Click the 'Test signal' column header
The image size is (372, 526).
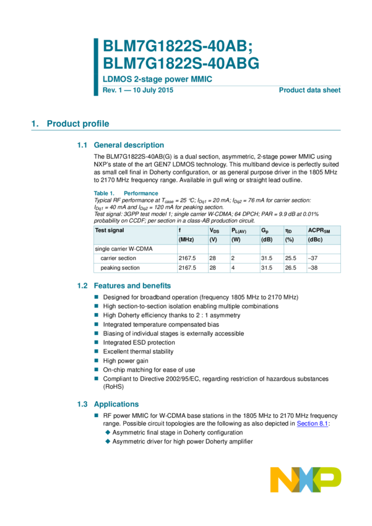[109, 230]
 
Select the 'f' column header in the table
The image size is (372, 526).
[180, 230]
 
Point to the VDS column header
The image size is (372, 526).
[215, 230]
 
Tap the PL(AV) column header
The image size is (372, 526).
[239, 231]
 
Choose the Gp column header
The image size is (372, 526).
[265, 230]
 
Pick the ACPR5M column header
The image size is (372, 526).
[319, 231]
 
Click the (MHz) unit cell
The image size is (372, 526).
[187, 239]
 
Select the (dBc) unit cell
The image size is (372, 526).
[316, 239]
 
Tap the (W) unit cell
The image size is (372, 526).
[236, 239]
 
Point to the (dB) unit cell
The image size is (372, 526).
[267, 239]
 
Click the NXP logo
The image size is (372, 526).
[305, 480]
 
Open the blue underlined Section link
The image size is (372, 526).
[312, 424]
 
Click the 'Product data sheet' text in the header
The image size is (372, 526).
[309, 90]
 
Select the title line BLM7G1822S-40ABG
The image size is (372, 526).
[181, 63]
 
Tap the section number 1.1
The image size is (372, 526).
[82, 145]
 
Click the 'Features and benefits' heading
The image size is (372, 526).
[132, 286]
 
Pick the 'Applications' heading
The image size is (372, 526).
[116, 404]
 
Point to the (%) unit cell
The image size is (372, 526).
[289, 239]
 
